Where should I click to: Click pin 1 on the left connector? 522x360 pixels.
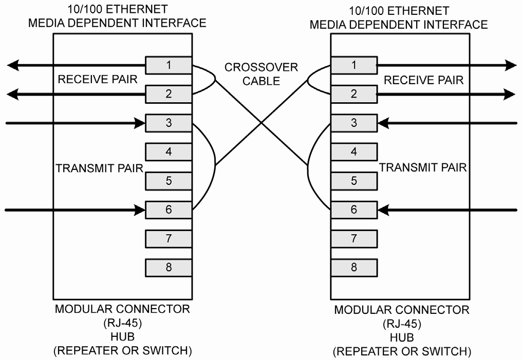[169, 65]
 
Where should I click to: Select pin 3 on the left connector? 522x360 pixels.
[169, 123]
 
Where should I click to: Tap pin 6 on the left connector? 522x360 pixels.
[169, 210]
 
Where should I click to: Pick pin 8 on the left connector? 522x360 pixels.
[169, 267]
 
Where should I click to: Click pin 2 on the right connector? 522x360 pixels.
[353, 94]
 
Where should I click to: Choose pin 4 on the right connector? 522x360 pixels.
[353, 151]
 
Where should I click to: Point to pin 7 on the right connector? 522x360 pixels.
[353, 238]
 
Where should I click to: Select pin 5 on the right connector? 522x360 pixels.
[353, 181]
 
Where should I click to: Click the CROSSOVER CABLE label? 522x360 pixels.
[262, 74]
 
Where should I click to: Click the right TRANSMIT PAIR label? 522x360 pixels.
[423, 167]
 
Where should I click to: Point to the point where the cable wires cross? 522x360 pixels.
[262, 123]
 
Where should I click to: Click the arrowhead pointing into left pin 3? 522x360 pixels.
[139, 123]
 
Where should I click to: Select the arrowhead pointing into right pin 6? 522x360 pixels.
[384, 210]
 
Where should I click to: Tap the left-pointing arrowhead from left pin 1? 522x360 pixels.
[14, 65]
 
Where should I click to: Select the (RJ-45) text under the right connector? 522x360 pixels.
[401, 325]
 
